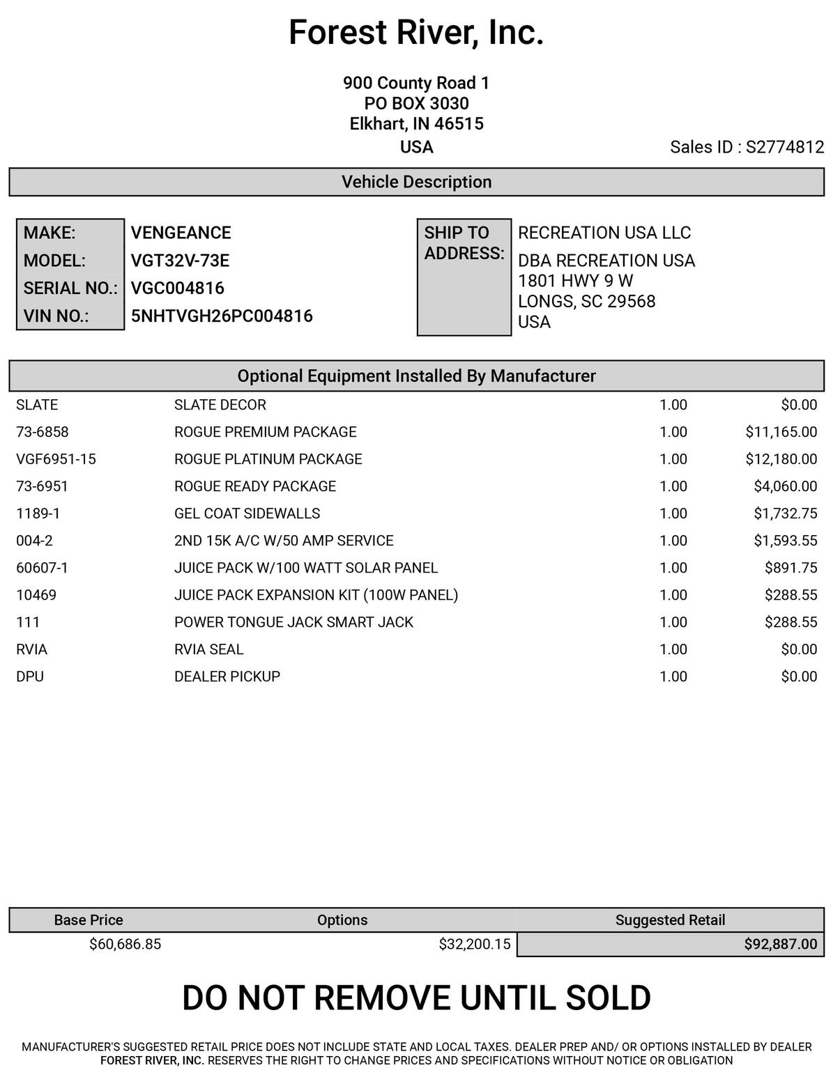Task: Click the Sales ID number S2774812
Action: (785, 147)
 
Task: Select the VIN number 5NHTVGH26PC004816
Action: (222, 316)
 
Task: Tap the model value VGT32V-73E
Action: (180, 261)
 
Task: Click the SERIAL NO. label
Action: (70, 288)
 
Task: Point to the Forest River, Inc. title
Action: (416, 33)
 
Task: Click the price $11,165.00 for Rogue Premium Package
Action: (781, 432)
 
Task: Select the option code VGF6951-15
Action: (56, 459)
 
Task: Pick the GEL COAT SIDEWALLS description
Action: (247, 513)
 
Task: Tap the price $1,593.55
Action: (785, 541)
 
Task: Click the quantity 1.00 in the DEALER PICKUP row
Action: (673, 676)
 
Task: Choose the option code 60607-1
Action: (42, 568)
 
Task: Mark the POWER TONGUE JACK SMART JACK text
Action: (293, 622)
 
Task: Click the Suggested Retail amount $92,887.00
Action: (780, 944)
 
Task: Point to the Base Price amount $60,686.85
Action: (125, 944)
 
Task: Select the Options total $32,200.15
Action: (474, 944)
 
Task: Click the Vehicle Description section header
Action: (416, 182)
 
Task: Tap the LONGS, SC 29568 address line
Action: (586, 302)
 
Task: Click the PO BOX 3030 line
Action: (416, 104)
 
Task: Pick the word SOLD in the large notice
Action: (607, 998)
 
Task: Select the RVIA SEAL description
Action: (208, 649)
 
